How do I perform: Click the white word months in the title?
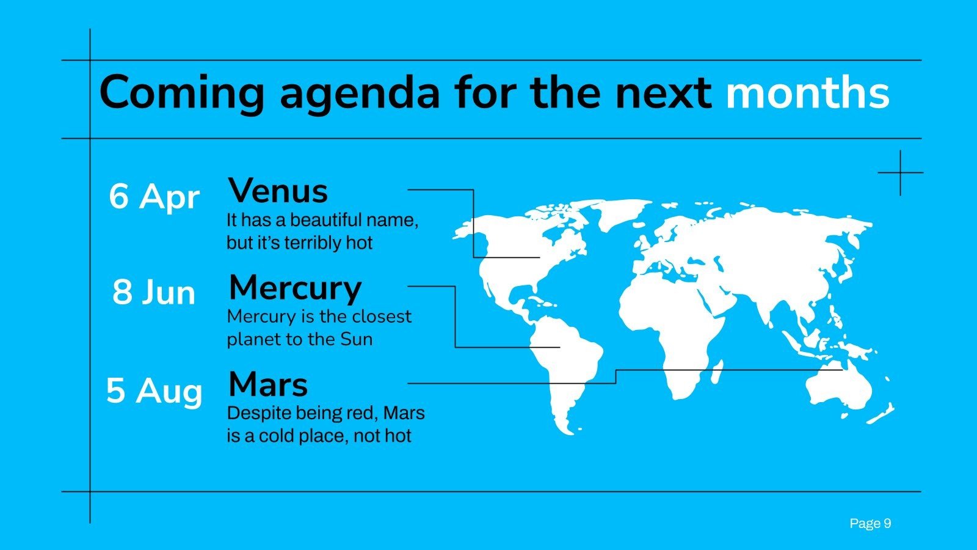[x=807, y=92]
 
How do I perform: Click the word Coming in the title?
[x=181, y=92]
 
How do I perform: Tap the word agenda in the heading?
[x=360, y=94]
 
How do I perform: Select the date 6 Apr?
[x=154, y=197]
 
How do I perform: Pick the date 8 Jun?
[x=154, y=292]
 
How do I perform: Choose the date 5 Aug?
[x=154, y=390]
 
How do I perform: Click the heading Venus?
[x=278, y=191]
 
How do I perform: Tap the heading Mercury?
[x=295, y=287]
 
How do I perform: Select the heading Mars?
[x=267, y=384]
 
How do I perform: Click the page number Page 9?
[x=870, y=523]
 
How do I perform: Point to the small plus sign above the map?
[x=900, y=173]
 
